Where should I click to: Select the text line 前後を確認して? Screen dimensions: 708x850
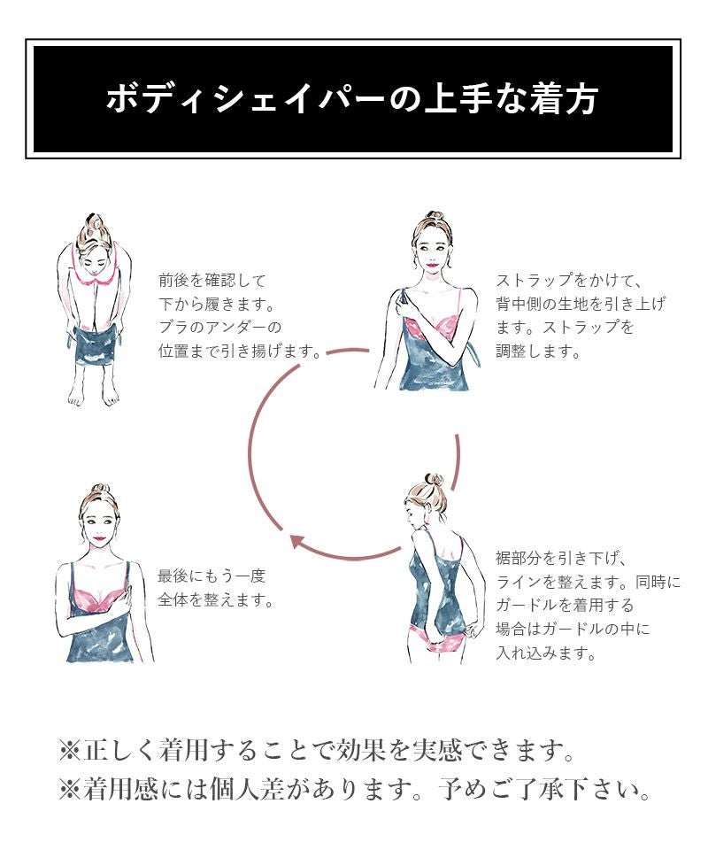(x=212, y=281)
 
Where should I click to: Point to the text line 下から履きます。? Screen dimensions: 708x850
(x=217, y=304)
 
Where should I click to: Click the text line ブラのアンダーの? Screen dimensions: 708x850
(x=220, y=327)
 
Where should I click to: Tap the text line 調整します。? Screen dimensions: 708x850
(x=539, y=351)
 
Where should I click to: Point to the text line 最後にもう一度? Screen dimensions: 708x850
(x=212, y=576)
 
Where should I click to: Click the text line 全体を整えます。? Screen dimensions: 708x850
(x=216, y=599)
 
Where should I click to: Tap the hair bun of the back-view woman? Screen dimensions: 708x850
(x=434, y=480)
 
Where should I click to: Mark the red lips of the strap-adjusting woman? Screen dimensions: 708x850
(x=432, y=267)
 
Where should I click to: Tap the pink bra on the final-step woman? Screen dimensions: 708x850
(x=101, y=596)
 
